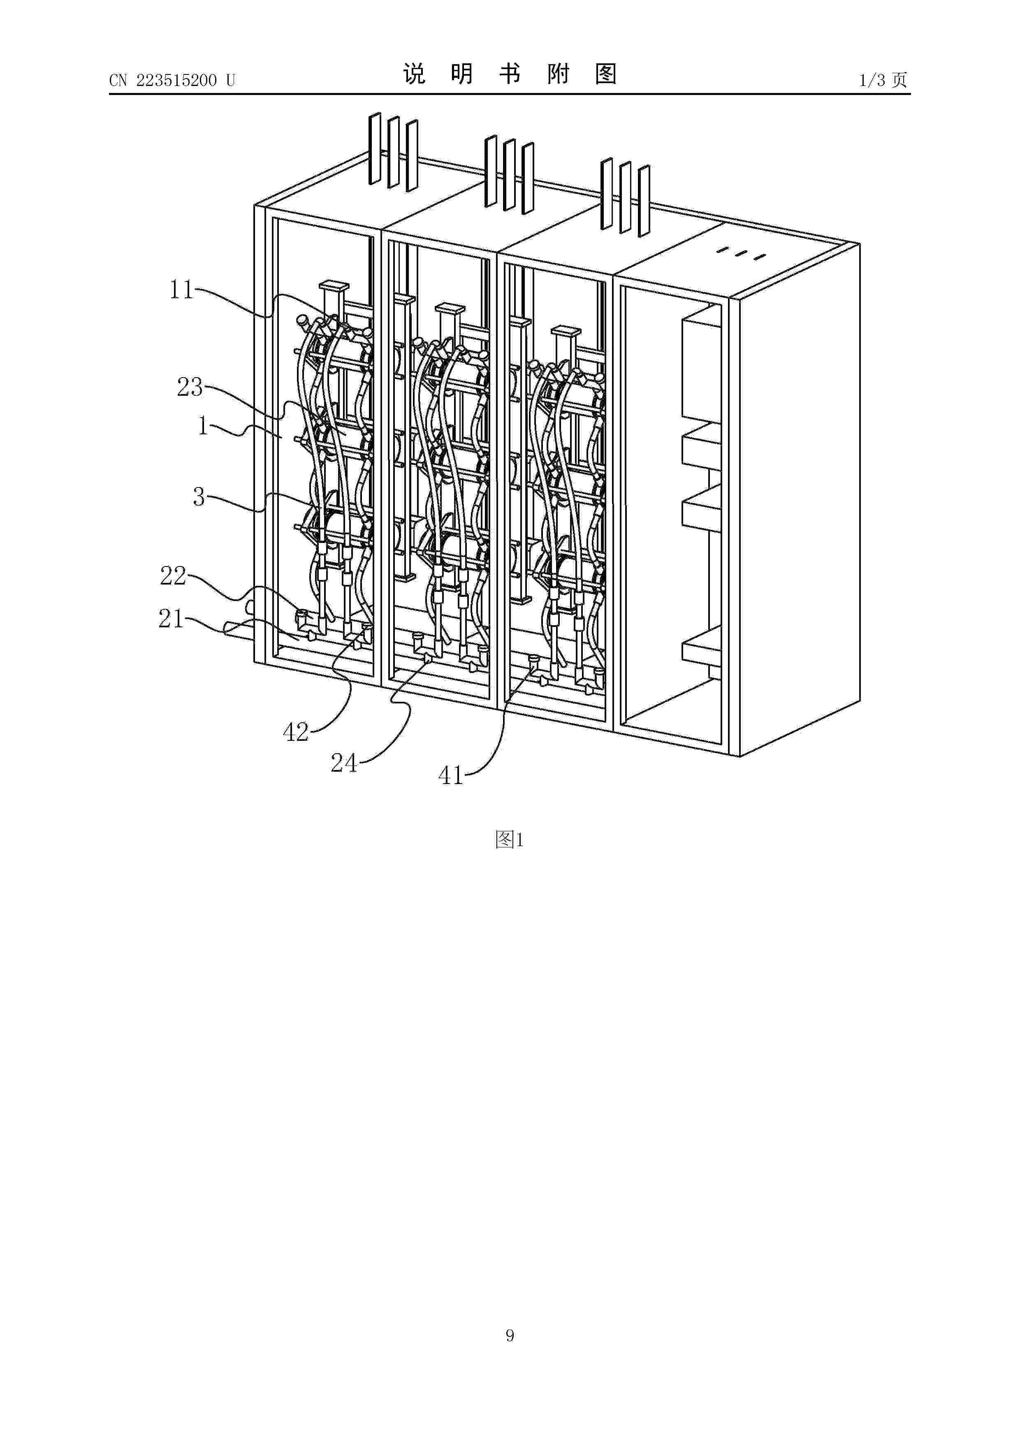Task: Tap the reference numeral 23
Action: (190, 387)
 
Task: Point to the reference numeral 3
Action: (199, 497)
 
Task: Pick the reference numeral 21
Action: (171, 619)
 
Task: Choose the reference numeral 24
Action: (344, 763)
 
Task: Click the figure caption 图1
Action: (510, 840)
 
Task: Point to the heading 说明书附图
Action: (510, 74)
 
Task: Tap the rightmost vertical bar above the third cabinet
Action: (644, 201)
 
